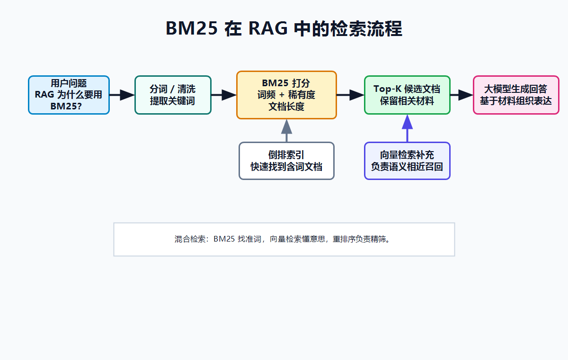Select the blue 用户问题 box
tap(69, 95)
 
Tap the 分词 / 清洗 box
tap(173, 95)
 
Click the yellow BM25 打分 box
tap(286, 95)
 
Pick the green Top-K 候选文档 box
tap(407, 95)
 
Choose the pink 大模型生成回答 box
tap(516, 95)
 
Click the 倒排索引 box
tap(286, 161)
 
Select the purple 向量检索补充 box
tap(407, 161)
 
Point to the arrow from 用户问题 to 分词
tap(122, 95)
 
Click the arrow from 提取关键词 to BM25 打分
tap(224, 95)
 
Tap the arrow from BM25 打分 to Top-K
tap(350, 95)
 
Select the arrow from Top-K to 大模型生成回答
tap(461, 95)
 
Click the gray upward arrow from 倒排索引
tap(286, 130)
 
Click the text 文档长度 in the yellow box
tap(286, 107)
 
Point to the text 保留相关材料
tap(407, 101)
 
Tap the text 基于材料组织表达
tap(516, 101)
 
